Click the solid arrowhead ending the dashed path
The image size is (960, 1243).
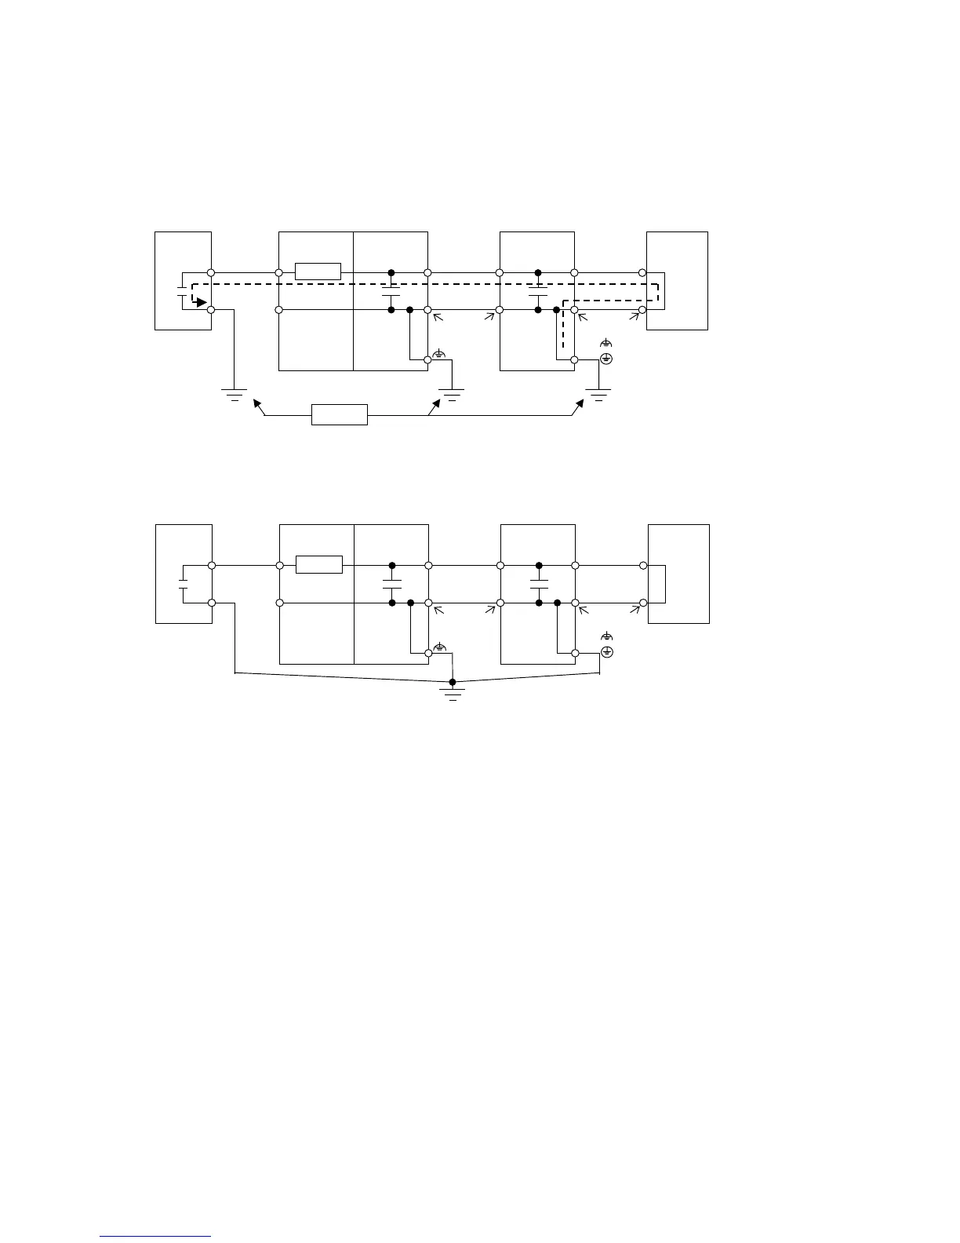pos(202,302)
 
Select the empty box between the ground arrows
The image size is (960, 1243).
pos(339,414)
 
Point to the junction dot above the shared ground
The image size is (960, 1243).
pos(453,682)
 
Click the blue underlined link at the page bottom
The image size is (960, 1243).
pos(156,1237)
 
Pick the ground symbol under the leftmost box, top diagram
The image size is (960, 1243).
pos(235,394)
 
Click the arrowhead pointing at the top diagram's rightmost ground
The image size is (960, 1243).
pos(580,403)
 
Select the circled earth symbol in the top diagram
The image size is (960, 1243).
pos(605,359)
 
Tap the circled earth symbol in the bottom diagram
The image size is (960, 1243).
pos(606,652)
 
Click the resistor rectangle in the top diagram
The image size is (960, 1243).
pos(318,272)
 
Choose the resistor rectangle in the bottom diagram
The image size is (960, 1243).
pos(318,564)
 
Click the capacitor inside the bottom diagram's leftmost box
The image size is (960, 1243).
pos(182,585)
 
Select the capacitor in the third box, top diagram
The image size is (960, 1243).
pos(538,294)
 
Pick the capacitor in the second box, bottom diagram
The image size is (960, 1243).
pos(391,584)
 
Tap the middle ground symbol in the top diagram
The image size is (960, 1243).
pos(451,394)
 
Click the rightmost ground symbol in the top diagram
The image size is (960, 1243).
pos(599,394)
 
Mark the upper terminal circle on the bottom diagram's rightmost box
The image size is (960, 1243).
pos(643,565)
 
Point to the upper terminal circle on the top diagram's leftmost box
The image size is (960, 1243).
pos(211,272)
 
